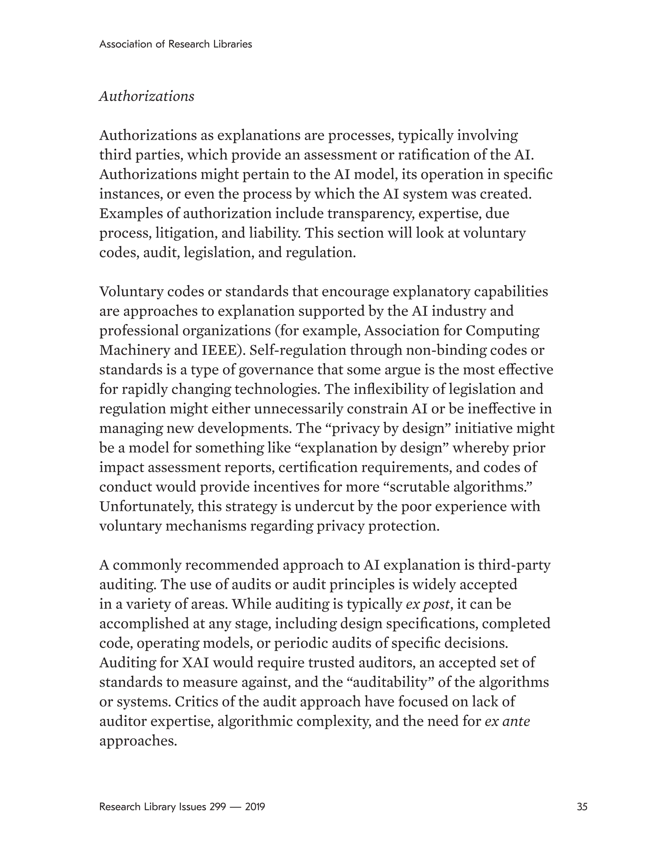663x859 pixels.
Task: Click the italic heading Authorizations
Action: (146, 96)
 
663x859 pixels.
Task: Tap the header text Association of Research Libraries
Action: (175, 44)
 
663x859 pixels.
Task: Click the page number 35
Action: (582, 807)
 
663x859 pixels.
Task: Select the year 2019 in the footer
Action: (255, 807)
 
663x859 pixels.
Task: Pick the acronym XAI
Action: (195, 662)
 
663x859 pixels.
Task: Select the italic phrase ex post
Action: (428, 604)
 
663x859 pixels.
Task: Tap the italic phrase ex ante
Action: (507, 721)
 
